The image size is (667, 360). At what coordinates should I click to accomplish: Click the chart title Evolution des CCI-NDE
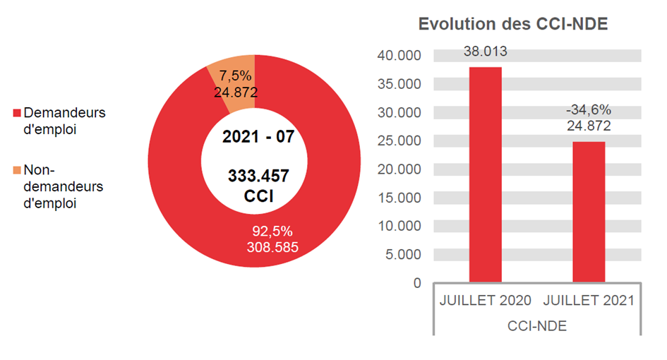(x=513, y=24)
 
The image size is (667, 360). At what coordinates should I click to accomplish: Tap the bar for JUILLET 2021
(x=588, y=212)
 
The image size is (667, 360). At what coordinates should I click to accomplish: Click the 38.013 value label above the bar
(x=485, y=52)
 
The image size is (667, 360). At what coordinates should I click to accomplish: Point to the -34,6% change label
(x=588, y=111)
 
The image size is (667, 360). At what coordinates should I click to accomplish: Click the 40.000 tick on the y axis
(x=399, y=56)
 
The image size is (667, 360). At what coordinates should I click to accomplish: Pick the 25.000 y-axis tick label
(x=399, y=141)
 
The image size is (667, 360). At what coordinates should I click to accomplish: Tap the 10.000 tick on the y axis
(x=399, y=226)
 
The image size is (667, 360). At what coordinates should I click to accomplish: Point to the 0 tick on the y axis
(x=416, y=283)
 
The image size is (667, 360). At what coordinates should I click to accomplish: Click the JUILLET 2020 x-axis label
(x=485, y=300)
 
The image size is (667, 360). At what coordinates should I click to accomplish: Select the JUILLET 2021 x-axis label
(x=589, y=300)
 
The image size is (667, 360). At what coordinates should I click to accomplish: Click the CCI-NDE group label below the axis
(x=537, y=326)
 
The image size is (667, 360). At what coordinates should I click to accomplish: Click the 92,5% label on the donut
(x=272, y=232)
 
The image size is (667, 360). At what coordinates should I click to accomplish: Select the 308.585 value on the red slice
(x=272, y=247)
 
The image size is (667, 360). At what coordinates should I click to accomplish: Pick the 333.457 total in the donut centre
(x=258, y=176)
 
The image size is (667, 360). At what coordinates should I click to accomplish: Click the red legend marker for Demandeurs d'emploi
(x=17, y=113)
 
